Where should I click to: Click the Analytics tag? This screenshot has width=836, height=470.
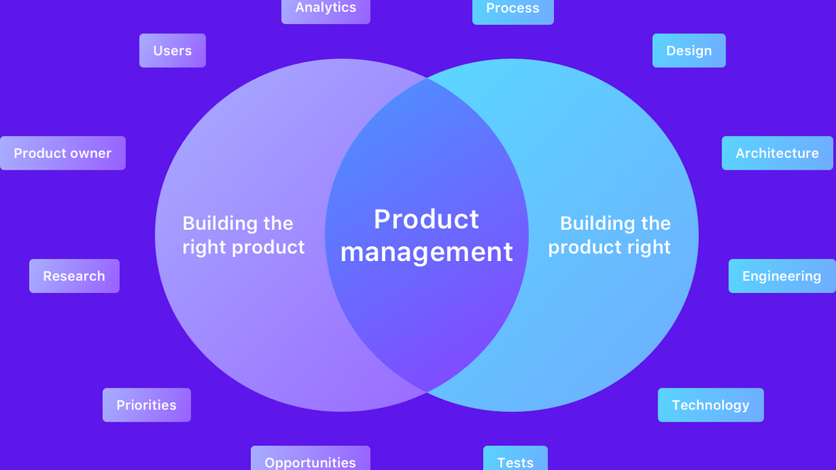(325, 8)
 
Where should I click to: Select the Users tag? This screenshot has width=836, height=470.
(172, 51)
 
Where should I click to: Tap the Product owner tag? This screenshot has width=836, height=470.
(63, 153)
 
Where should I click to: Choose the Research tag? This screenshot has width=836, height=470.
(74, 276)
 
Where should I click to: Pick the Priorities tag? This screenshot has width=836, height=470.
(146, 405)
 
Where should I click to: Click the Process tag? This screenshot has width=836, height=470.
(513, 9)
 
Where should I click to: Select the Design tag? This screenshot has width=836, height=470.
(688, 51)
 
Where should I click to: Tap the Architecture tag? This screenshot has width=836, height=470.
(777, 153)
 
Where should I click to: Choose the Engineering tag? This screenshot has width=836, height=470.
(781, 276)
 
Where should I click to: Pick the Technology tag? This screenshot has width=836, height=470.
(710, 405)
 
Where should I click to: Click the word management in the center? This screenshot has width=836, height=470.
(426, 252)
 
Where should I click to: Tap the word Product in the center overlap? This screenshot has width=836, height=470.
(426, 219)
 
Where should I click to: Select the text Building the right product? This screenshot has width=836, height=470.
(243, 235)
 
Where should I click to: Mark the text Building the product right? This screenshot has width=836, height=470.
(610, 235)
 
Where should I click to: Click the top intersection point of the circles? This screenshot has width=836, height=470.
(427, 79)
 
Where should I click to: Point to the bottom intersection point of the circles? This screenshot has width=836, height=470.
(427, 391)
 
